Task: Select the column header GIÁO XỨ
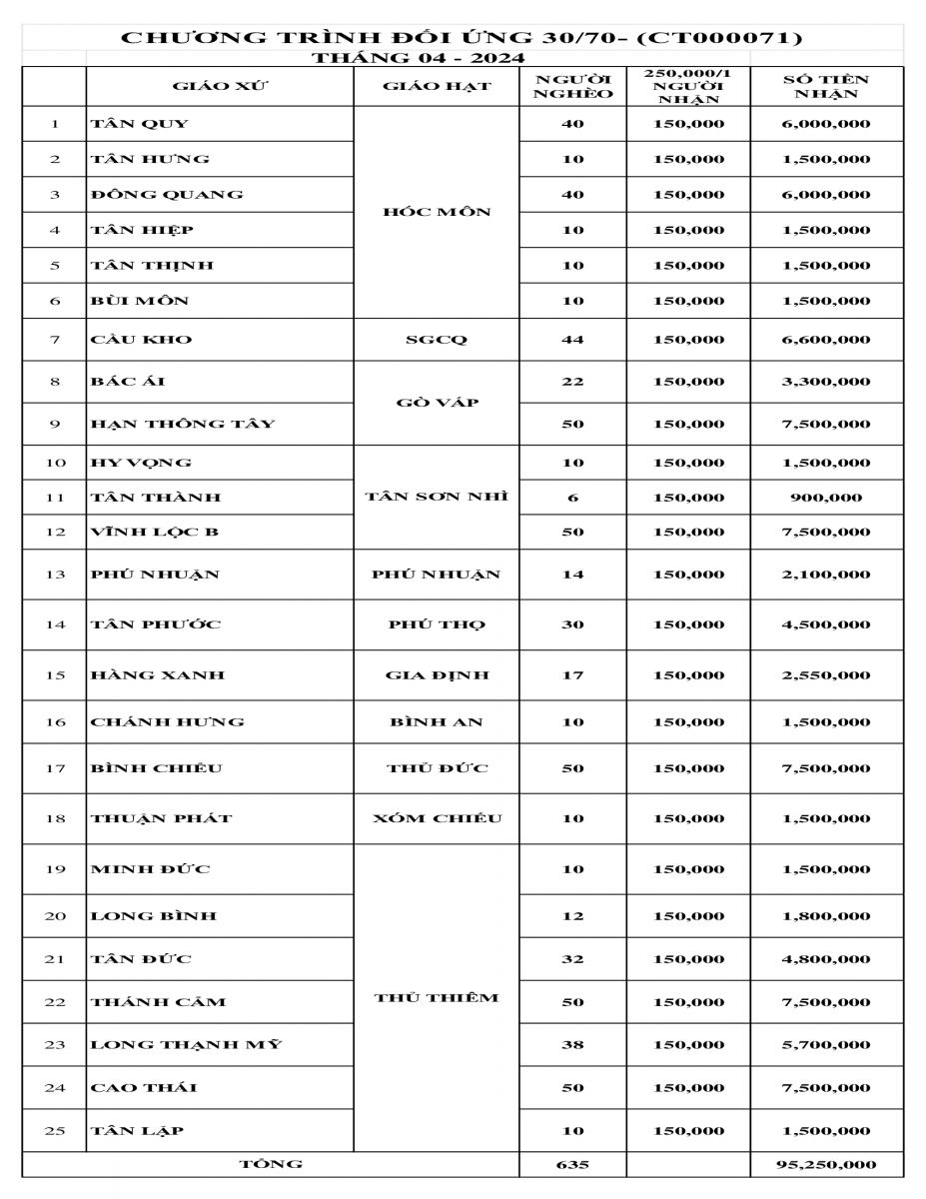(x=220, y=86)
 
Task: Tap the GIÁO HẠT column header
(x=437, y=86)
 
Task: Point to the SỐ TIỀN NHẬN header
(x=826, y=86)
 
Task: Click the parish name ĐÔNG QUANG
(x=167, y=194)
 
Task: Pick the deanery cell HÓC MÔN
(x=437, y=212)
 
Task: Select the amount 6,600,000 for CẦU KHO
(x=826, y=340)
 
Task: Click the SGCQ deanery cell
(x=437, y=340)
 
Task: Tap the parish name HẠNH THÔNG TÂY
(x=183, y=424)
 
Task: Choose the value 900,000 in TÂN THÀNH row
(x=826, y=498)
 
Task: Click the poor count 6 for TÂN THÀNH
(x=572, y=498)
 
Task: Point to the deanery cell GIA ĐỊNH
(x=437, y=675)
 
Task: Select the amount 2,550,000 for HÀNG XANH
(x=826, y=675)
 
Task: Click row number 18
(x=55, y=818)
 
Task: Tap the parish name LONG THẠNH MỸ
(x=187, y=1045)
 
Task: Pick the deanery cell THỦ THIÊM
(x=437, y=998)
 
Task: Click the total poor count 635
(x=572, y=1165)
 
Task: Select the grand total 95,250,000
(x=826, y=1165)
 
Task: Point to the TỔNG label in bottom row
(x=271, y=1164)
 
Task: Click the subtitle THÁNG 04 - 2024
(x=419, y=58)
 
